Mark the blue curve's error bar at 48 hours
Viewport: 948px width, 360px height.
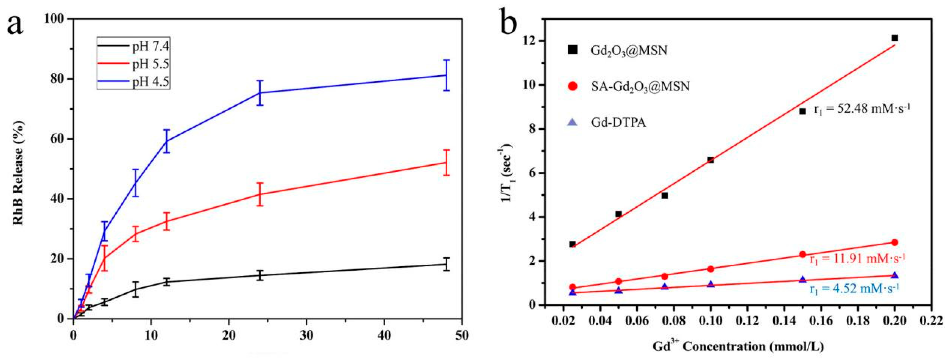click(x=446, y=75)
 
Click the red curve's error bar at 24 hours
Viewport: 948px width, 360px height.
click(x=260, y=194)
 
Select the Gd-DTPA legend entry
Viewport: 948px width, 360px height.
click(x=618, y=122)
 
